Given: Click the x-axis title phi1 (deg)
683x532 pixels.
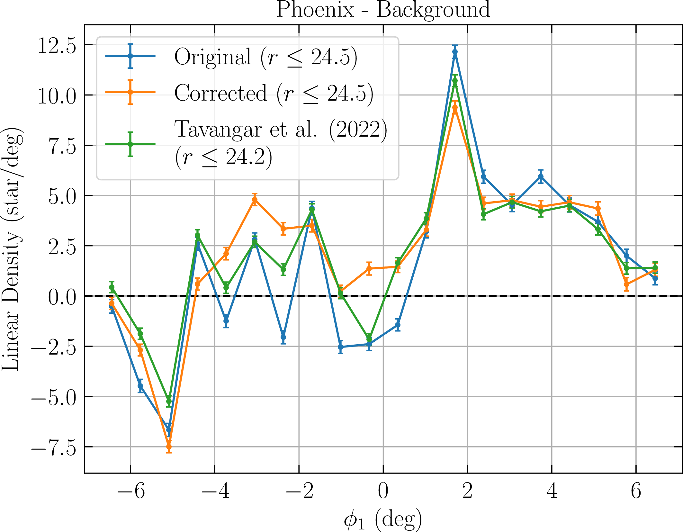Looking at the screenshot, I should [x=382, y=518].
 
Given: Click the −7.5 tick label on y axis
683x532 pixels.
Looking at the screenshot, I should [x=53, y=447].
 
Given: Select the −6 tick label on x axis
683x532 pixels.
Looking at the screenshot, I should [x=131, y=491].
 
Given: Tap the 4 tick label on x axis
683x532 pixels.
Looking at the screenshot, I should [x=552, y=491].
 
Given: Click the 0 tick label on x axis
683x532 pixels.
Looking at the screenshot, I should [x=383, y=491].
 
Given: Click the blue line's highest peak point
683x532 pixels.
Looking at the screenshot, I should [x=455, y=52].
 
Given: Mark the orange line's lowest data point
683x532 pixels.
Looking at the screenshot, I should [x=169, y=446].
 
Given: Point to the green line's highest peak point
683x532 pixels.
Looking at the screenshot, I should [x=455, y=81].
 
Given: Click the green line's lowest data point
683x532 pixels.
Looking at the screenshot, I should [x=169, y=401].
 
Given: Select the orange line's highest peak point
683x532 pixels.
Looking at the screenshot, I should [x=455, y=108].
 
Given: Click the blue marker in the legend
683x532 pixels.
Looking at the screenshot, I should [x=130, y=56].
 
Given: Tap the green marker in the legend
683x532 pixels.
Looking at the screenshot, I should [x=130, y=144].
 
